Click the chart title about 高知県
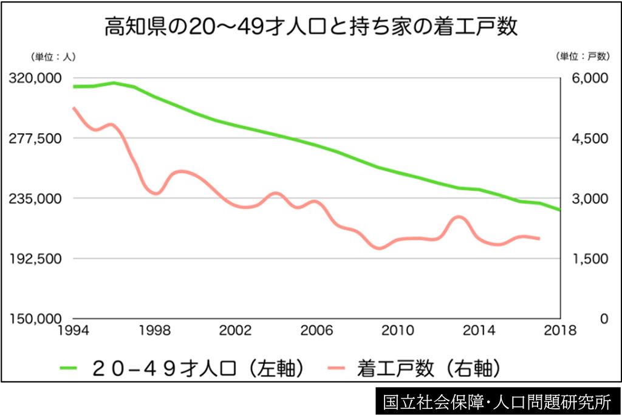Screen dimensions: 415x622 pos(311,27)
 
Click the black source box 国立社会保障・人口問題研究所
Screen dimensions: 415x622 pos(497,401)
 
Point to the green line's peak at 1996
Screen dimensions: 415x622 pos(114,83)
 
